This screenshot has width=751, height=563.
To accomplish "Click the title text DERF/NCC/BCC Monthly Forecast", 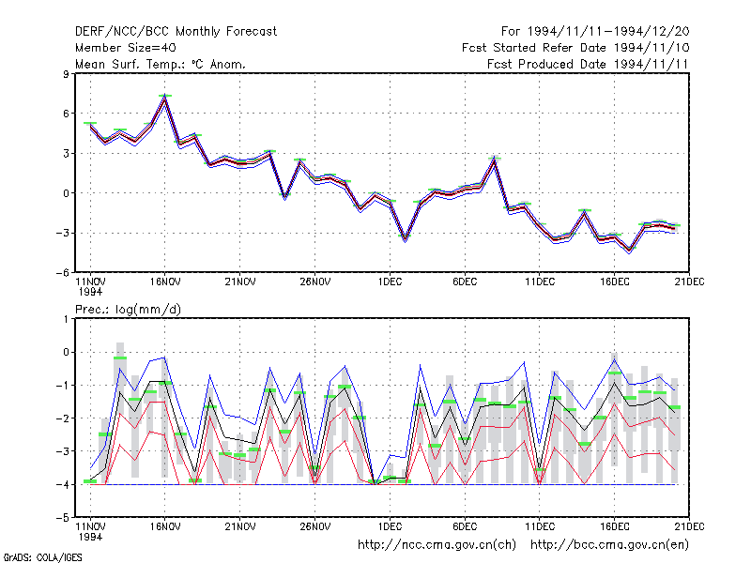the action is point(176,32).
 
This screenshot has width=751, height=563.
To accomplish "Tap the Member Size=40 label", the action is point(126,48).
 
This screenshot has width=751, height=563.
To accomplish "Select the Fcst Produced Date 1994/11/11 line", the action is point(588,64).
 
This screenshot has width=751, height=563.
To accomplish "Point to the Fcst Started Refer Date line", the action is point(575,48).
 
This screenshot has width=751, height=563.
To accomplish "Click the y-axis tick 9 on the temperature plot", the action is point(66,74).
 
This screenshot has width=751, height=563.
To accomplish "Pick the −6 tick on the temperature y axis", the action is point(63,273).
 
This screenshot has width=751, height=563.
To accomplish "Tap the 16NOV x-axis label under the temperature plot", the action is point(165,281).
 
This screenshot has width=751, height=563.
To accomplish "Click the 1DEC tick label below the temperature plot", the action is point(390,281).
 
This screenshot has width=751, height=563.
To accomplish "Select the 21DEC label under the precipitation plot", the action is point(689,526).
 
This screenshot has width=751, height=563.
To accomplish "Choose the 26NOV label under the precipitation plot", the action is point(315,526).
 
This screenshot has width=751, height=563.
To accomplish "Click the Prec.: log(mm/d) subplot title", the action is point(128,310).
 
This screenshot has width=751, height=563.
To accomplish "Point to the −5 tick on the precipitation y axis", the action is point(63,518).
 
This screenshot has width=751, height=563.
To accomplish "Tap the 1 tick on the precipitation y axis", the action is point(66,319).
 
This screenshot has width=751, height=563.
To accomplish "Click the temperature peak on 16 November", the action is point(165,99).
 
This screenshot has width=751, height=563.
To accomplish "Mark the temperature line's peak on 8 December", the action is point(495,160).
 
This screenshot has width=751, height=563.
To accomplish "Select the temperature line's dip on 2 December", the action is point(406,238).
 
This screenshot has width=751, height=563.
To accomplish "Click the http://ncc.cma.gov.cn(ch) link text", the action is point(437,545).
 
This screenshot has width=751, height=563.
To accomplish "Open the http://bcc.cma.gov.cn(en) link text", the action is point(609,545).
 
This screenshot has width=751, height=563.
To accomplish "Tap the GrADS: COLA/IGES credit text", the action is point(42,557).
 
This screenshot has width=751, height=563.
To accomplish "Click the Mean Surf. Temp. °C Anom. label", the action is point(160,64).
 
